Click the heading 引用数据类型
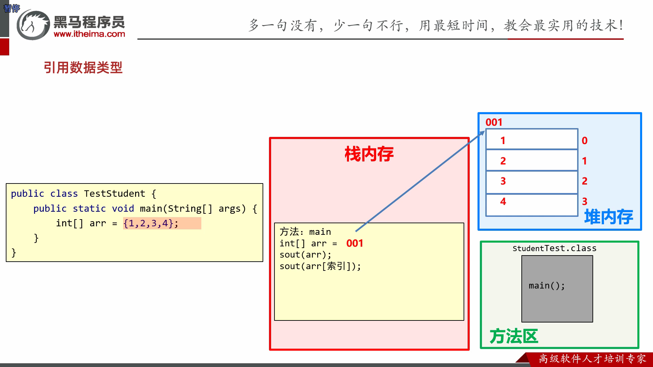[x=83, y=68]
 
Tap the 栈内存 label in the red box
[x=369, y=154]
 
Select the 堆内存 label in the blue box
[x=608, y=217]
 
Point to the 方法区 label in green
[x=514, y=336]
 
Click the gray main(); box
[x=557, y=289]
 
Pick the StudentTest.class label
[x=554, y=248]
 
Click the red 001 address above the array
[x=494, y=122]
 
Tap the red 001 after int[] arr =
[x=355, y=243]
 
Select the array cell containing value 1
[x=532, y=139]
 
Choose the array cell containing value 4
[x=532, y=205]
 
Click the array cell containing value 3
[x=532, y=182]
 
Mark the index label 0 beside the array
[x=585, y=141]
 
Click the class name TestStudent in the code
[x=115, y=194]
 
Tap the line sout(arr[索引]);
[x=320, y=266]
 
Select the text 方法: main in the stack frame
[x=305, y=232]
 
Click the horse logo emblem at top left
[x=33, y=25]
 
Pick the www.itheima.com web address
[x=89, y=34]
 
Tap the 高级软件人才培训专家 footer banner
[x=592, y=359]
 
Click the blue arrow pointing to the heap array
[x=420, y=181]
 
